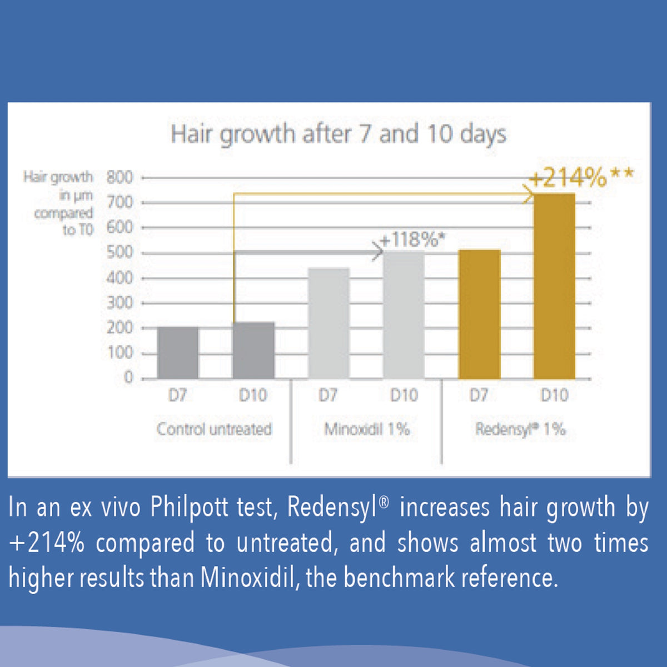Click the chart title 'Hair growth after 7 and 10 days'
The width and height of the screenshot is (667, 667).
coord(338,135)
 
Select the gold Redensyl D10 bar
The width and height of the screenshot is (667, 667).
coord(554,286)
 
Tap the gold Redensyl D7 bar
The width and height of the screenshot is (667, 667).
coord(479,315)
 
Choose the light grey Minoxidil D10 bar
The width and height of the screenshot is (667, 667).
coord(404,315)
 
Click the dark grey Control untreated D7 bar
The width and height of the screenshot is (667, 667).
coord(178,353)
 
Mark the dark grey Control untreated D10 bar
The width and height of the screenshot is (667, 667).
coord(253,351)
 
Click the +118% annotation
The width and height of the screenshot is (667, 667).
coord(412,240)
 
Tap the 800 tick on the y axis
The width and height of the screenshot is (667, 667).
coord(120,178)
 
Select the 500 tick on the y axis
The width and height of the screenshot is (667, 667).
coord(120,253)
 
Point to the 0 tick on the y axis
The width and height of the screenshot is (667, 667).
coord(128,378)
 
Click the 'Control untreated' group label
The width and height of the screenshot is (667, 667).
coord(214,429)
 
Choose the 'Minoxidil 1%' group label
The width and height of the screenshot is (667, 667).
coord(367,429)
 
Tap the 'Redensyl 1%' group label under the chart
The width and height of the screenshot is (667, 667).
coord(520,429)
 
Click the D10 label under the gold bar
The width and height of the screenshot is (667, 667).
coord(554,395)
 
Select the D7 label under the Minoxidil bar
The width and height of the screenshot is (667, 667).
coord(328,395)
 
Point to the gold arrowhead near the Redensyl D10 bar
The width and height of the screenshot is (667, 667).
coord(527,195)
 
